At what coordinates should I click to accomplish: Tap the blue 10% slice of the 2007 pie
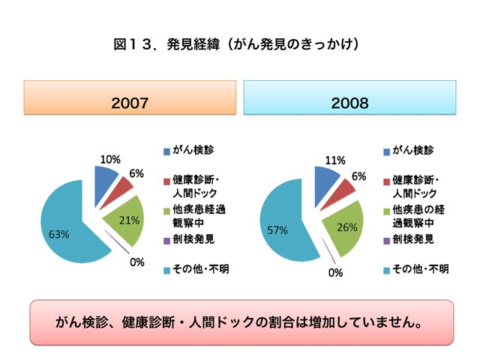pyautogui.click(x=106, y=177)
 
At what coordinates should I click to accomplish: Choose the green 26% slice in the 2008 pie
pyautogui.click(x=342, y=225)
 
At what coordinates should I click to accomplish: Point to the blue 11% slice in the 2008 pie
pyautogui.click(x=327, y=178)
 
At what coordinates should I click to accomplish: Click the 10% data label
pyautogui.click(x=110, y=159)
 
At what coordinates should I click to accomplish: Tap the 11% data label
pyautogui.click(x=334, y=160)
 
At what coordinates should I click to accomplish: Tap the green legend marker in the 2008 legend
pyautogui.click(x=386, y=211)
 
